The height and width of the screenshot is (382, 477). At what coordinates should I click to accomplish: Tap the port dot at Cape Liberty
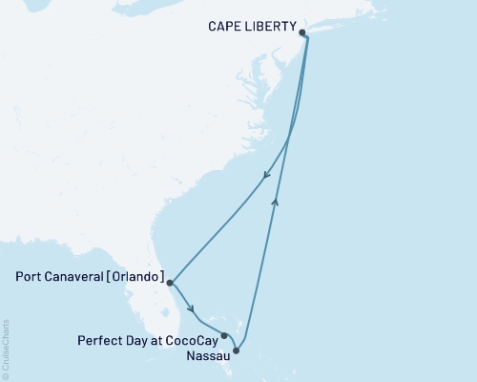coord(303,32)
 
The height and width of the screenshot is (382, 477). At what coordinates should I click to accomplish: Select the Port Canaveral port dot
coord(170,283)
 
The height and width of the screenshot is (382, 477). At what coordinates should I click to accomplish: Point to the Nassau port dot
coord(237,350)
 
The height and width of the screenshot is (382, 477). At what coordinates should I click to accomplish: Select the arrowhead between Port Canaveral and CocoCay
coord(194,308)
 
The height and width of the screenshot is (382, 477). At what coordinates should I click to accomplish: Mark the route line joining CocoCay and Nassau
coord(231,343)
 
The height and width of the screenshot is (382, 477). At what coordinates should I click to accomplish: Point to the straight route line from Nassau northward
coord(262,267)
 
